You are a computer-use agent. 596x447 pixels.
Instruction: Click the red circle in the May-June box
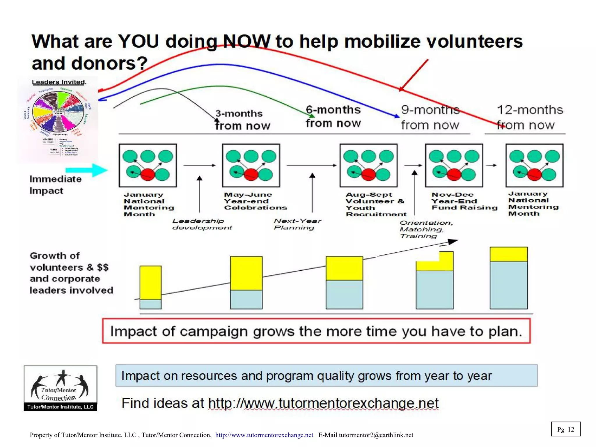pyautogui.click(x=251, y=174)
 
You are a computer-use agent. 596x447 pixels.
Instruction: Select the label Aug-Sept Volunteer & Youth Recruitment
pyautogui.click(x=376, y=204)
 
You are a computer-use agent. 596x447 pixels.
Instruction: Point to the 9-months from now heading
pyautogui.click(x=430, y=117)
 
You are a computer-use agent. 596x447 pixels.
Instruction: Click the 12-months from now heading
pyautogui.click(x=529, y=117)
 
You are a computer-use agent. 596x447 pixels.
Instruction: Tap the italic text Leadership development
pyautogui.click(x=202, y=224)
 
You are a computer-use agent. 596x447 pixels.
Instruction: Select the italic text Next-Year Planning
pyautogui.click(x=297, y=224)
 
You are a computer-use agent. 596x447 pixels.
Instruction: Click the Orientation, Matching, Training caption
pyautogui.click(x=426, y=229)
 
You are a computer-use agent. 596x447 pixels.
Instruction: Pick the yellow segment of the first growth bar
pyautogui.click(x=150, y=282)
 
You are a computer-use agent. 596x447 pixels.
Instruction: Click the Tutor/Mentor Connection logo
pyautogui.click(x=60, y=388)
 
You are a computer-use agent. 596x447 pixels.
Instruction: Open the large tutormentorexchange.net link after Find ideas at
pyautogui.click(x=323, y=403)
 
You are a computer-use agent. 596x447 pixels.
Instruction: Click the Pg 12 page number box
pyautogui.click(x=565, y=429)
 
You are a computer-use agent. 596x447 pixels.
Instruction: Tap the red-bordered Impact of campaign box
pyautogui.click(x=316, y=331)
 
